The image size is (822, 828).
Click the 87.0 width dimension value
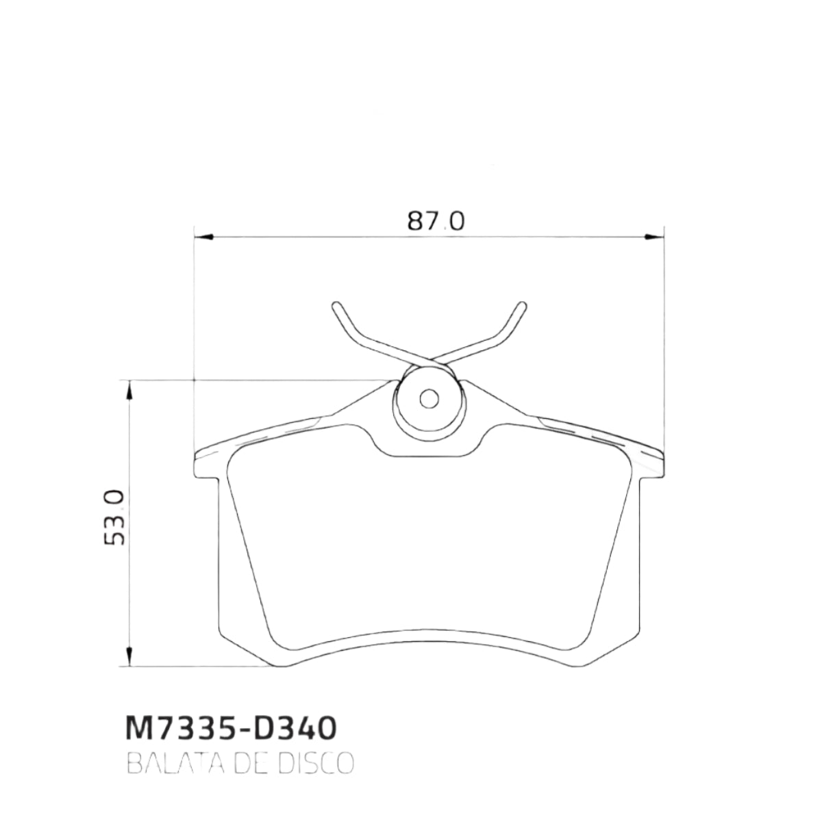(x=436, y=221)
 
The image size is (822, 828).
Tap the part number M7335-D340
(x=231, y=728)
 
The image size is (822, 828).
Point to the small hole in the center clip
(x=429, y=398)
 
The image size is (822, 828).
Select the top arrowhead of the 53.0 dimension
(x=129, y=390)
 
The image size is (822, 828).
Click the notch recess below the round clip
(x=429, y=448)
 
